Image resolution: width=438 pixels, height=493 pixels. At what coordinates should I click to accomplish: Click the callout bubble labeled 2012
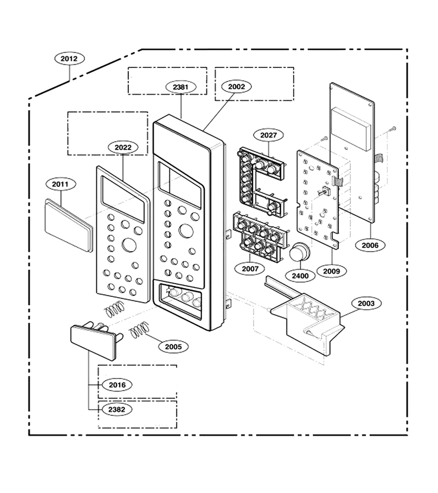[x=69, y=59]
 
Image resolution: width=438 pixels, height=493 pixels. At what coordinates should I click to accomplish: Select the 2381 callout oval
[x=180, y=87]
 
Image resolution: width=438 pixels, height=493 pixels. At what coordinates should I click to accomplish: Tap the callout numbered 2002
[x=236, y=87]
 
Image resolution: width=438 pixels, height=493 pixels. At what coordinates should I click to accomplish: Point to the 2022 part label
[x=123, y=147]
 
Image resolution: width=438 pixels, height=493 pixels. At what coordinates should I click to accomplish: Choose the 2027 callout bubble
[x=269, y=135]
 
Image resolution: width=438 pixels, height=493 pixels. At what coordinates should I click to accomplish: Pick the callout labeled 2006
[x=370, y=245]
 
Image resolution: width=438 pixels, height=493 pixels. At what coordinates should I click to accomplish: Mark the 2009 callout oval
[x=332, y=271]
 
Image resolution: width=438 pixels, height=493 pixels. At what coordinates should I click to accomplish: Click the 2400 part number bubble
[x=300, y=276]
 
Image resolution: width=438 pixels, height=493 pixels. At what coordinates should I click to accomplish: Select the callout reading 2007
[x=250, y=268]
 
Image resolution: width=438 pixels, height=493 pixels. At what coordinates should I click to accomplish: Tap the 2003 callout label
[x=366, y=303]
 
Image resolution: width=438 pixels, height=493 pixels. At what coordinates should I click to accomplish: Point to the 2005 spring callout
[x=174, y=347]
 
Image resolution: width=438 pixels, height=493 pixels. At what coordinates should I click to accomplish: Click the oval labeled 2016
[x=117, y=385]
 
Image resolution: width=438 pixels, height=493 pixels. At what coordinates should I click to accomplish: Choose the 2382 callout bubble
[x=117, y=409]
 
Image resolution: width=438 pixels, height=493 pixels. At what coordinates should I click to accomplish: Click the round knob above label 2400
[x=299, y=252]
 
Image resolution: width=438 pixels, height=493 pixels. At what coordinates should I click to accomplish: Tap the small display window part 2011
[x=69, y=225]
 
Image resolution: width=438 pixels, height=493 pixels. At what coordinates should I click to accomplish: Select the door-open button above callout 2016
[x=94, y=341]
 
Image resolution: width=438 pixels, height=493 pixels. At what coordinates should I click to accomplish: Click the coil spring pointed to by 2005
[x=139, y=330]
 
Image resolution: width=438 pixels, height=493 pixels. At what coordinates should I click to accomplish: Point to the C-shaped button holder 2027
[x=262, y=182]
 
